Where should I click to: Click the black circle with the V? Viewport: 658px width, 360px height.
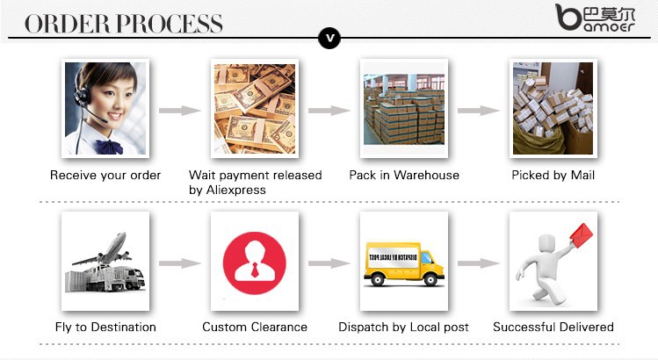point(329,38)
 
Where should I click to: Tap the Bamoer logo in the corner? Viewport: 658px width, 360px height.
point(595,18)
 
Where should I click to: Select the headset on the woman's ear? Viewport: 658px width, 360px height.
point(82,91)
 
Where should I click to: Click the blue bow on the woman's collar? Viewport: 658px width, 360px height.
point(109,147)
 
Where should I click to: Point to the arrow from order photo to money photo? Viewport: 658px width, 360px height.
point(180,111)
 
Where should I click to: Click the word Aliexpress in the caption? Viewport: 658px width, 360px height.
point(235,190)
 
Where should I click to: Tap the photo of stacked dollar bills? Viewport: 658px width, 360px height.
point(255,108)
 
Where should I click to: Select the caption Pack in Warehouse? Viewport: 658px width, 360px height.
point(404,175)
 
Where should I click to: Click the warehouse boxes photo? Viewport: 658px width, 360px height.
point(404,109)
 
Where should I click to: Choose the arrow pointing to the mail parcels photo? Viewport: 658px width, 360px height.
point(479,111)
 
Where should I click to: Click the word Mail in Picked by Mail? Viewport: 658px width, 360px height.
point(582,175)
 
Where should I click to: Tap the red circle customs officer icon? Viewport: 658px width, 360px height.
point(255,263)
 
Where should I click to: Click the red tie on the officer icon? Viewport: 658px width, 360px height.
point(254,270)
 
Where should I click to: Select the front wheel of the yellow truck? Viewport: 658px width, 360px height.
point(430,279)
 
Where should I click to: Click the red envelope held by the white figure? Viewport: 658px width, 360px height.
point(581,235)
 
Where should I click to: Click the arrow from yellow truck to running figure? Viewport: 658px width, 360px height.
point(479,263)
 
